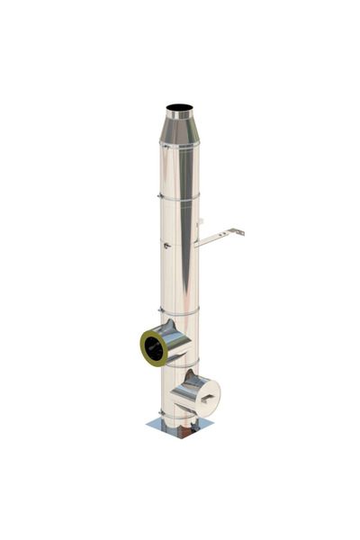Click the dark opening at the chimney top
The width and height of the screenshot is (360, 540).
click(x=179, y=108)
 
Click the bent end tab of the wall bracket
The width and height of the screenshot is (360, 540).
click(x=241, y=231)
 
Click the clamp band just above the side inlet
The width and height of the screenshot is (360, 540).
click(x=179, y=312)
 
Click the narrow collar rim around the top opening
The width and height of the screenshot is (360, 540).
click(x=179, y=112)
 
